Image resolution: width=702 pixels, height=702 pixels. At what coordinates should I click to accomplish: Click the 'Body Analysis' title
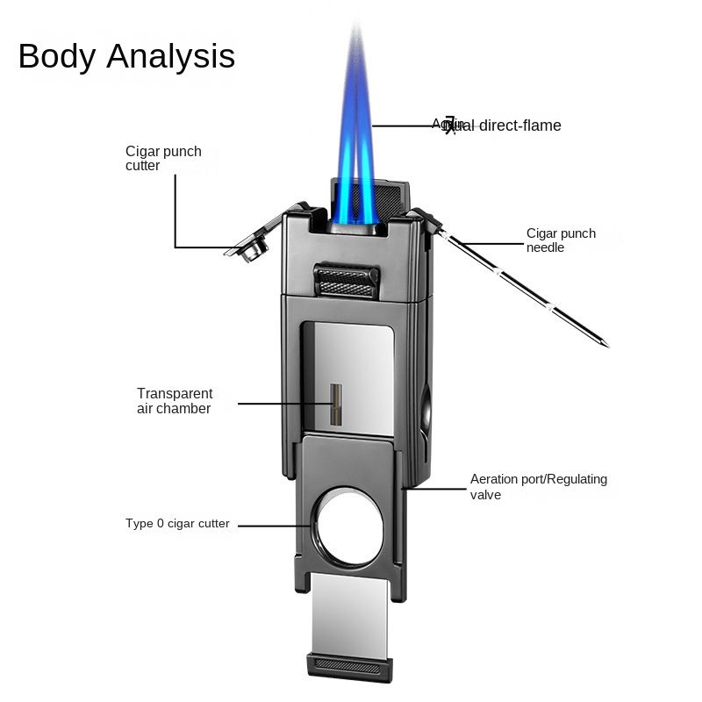pyautogui.click(x=126, y=56)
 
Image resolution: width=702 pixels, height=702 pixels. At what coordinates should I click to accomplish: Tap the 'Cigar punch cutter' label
pyautogui.click(x=163, y=158)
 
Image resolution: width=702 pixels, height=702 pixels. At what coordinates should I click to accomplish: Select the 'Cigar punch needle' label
pyautogui.click(x=561, y=240)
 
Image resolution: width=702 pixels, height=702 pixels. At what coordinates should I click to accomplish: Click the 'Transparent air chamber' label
pyautogui.click(x=175, y=401)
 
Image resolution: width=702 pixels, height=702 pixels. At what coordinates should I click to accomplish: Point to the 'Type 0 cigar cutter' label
pyautogui.click(x=177, y=524)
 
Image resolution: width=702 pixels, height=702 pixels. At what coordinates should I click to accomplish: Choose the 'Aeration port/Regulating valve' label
pyautogui.click(x=539, y=487)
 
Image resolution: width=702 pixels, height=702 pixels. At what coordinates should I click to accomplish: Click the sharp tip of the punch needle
pyautogui.click(x=605, y=344)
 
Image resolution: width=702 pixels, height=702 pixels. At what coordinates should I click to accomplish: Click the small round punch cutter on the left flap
pyautogui.click(x=253, y=252)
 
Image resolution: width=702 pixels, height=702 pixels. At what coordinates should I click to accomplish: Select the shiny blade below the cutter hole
pyautogui.click(x=348, y=613)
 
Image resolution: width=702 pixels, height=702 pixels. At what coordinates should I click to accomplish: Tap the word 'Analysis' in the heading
pyautogui.click(x=172, y=56)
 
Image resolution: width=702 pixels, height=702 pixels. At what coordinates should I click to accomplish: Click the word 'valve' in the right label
pyautogui.click(x=485, y=495)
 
